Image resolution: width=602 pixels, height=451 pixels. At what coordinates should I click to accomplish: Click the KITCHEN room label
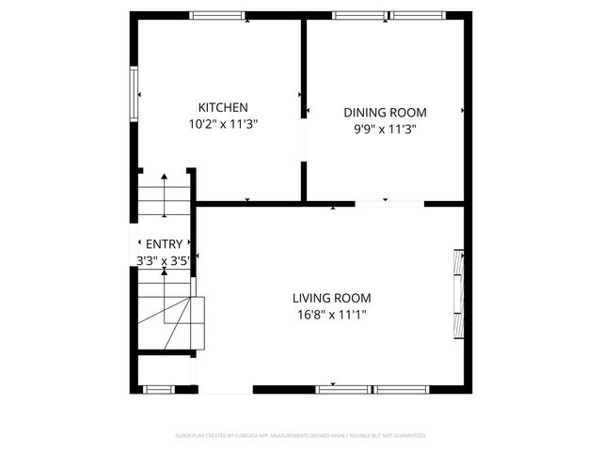tap(222, 107)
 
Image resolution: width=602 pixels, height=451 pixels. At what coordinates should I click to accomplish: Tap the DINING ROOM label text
tap(377, 113)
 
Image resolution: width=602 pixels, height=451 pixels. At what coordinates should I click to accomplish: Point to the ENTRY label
tap(164, 244)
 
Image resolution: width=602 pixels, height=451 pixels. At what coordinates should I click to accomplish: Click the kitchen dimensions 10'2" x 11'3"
tap(222, 123)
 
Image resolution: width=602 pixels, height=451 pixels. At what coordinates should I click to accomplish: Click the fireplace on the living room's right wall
tap(459, 294)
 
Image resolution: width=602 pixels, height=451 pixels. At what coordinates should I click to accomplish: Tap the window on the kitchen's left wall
tap(135, 93)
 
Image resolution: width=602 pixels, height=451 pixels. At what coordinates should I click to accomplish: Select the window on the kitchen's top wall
tap(217, 15)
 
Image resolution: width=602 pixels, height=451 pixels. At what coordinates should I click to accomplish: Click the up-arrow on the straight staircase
tap(164, 188)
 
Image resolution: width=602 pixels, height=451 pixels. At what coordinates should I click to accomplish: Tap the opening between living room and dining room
tap(389, 203)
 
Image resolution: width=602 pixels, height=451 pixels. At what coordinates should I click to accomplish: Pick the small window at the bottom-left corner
tap(158, 388)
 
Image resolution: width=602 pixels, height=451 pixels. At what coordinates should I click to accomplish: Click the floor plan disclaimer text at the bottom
tap(301, 436)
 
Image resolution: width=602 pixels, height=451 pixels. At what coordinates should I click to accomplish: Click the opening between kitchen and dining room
tap(304, 140)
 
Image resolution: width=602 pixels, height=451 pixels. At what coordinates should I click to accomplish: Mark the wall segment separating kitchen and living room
tap(249, 202)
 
